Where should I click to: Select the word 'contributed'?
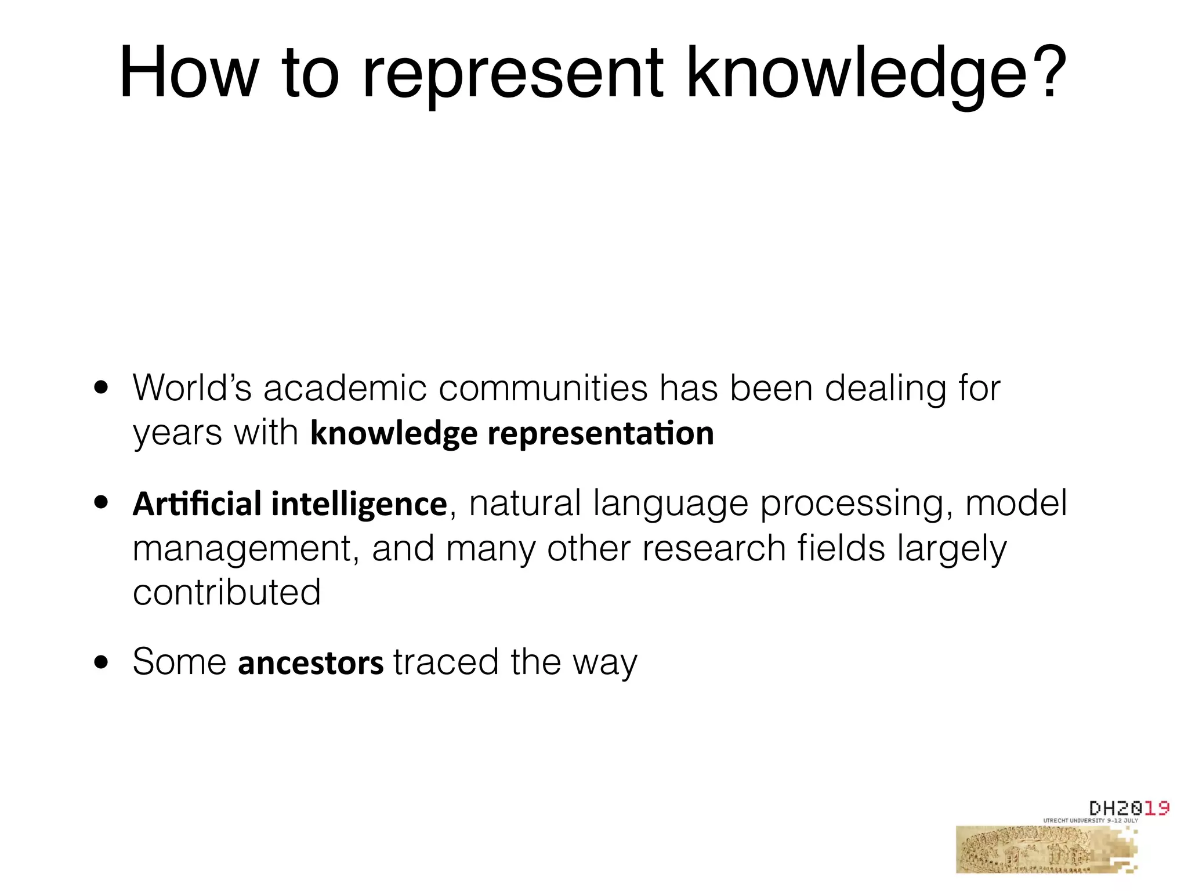227,592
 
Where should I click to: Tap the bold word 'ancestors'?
310,662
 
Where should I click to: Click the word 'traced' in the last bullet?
445,662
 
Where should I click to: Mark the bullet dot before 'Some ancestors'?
102,662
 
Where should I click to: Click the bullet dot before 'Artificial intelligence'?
102,503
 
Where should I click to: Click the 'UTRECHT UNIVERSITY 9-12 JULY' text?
1091,821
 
